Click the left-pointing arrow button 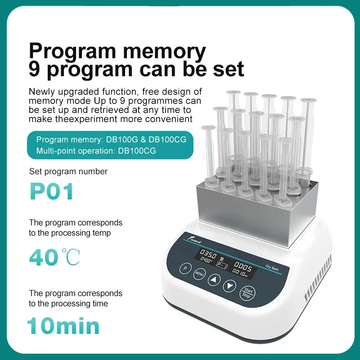click(x=214, y=280)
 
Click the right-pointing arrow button click(x=230, y=285)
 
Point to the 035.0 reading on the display click(x=209, y=253)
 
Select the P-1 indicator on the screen click(x=223, y=266)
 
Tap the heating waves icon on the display click(x=222, y=259)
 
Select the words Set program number click(x=68, y=171)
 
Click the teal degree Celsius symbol click(x=70, y=257)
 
